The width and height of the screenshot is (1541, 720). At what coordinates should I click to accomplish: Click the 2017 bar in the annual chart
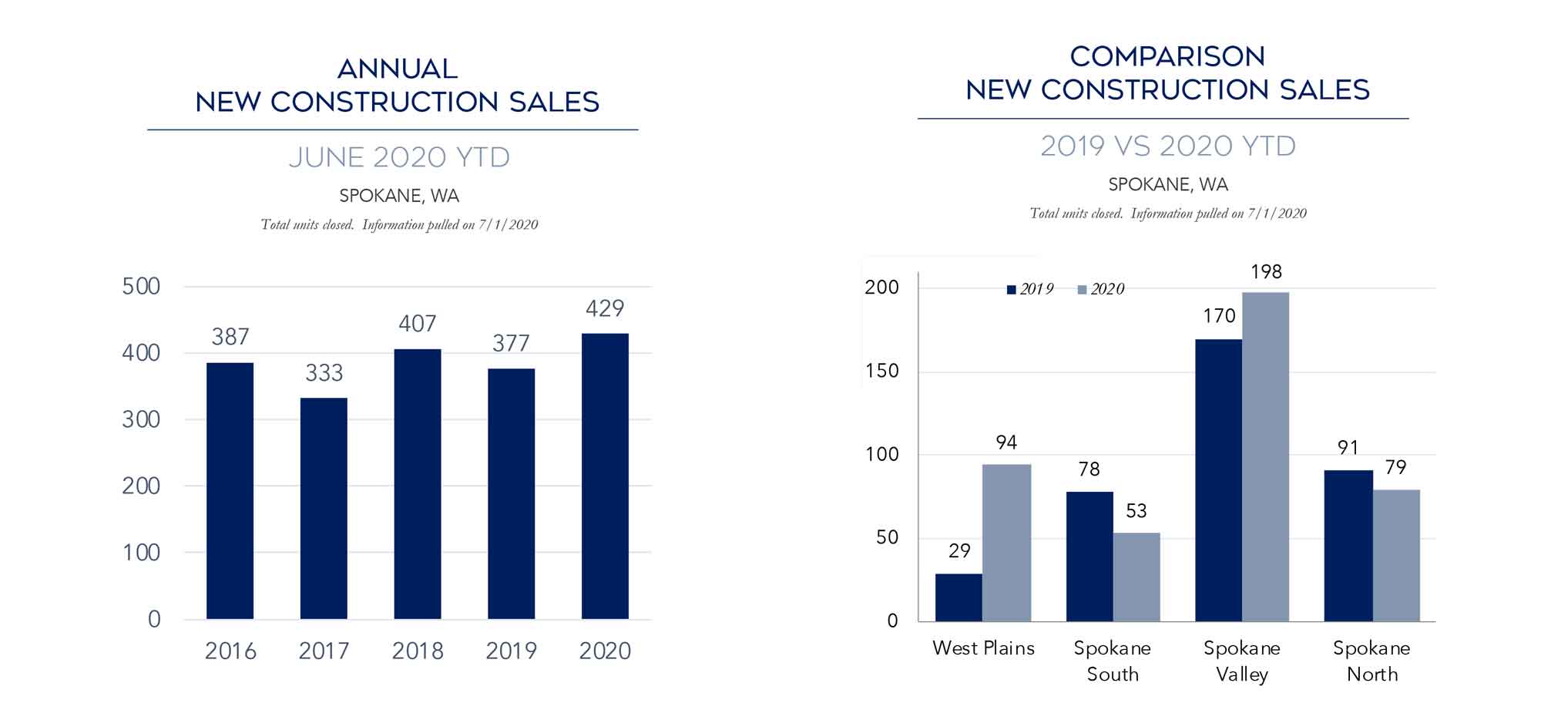pos(324,508)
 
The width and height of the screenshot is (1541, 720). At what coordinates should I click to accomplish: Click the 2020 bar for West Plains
pos(1006,543)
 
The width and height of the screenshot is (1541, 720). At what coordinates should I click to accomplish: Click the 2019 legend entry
pos(1030,289)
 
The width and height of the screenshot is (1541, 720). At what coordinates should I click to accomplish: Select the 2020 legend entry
pos(1101,289)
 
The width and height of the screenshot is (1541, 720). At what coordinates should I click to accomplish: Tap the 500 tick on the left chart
pos(141,287)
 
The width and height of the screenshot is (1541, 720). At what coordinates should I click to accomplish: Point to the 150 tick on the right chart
pos(882,371)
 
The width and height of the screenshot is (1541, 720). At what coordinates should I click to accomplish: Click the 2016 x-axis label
pos(230,651)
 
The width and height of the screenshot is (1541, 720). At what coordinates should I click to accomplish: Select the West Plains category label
pos(983,648)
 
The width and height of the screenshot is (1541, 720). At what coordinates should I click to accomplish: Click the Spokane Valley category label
pos(1242,661)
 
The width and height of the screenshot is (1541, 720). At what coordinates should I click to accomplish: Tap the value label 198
pos(1266,272)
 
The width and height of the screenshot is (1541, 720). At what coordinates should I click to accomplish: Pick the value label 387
pos(230,337)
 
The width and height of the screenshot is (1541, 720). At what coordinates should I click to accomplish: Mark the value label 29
pos(959,551)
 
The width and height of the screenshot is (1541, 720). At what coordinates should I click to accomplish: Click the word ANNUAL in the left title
pos(398,69)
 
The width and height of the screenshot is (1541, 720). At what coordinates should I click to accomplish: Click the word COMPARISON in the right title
pos(1167,57)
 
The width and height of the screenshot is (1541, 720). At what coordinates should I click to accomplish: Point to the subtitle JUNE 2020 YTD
pos(399,157)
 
